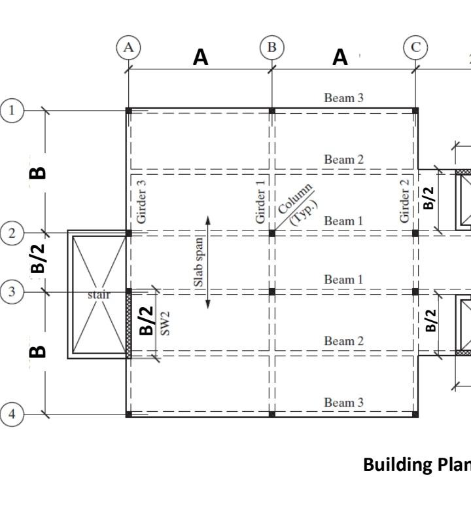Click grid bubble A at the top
[128, 47]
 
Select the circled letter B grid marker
[271, 47]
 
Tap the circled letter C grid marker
[415, 47]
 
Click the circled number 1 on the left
[12, 111]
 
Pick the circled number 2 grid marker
[12, 233]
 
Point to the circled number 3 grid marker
[12, 291]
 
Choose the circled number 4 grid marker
[12, 414]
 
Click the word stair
[99, 295]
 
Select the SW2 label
[166, 323]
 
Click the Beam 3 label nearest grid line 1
[343, 98]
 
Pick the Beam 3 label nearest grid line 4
[343, 402]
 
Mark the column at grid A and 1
[129, 111]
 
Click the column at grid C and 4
[415, 414]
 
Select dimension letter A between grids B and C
[340, 58]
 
